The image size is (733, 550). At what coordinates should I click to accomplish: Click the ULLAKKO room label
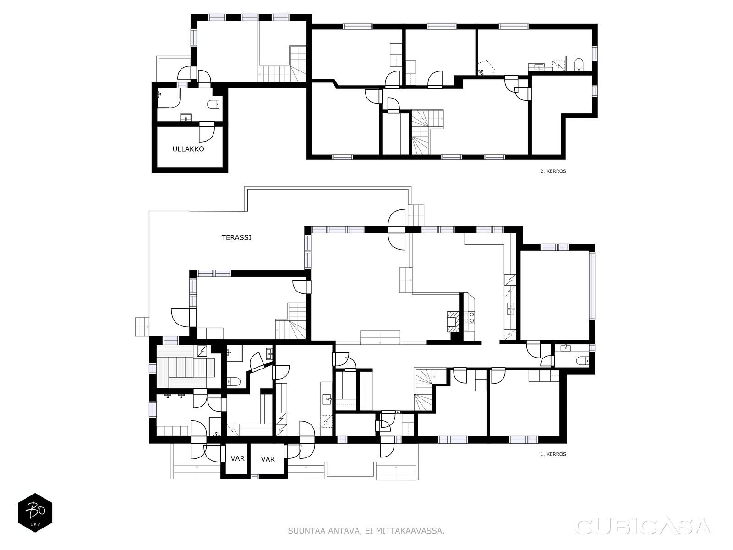(x=188, y=149)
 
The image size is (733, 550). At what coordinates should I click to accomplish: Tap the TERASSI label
(x=236, y=237)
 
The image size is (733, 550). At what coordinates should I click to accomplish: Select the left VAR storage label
(x=237, y=458)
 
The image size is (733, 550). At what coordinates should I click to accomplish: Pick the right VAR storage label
(x=268, y=459)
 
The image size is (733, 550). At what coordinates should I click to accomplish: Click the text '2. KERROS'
(x=553, y=171)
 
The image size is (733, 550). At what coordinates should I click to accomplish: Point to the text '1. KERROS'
(x=553, y=454)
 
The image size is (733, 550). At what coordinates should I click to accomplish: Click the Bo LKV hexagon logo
(x=35, y=512)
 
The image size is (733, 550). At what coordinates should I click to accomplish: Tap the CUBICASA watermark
(x=643, y=527)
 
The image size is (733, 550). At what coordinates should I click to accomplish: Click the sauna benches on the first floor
(x=186, y=367)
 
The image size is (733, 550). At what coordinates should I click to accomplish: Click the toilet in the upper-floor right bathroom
(x=579, y=65)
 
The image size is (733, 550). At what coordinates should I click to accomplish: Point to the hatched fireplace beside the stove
(x=453, y=321)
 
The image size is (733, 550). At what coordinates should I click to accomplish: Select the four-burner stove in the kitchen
(x=469, y=317)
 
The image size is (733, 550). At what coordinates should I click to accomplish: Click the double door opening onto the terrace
(x=397, y=230)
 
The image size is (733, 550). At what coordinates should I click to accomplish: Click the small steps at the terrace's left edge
(x=142, y=327)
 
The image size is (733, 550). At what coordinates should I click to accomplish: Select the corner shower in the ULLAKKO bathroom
(x=168, y=98)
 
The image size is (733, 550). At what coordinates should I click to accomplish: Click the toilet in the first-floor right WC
(x=583, y=361)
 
